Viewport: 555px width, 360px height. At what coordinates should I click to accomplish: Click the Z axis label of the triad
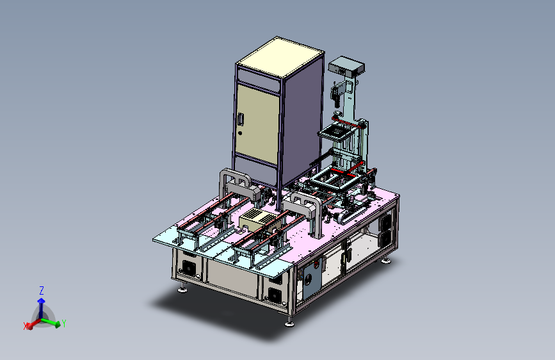(42, 291)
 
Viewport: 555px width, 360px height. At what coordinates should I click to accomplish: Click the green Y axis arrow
(51, 322)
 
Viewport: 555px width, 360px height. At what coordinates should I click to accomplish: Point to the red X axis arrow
(34, 324)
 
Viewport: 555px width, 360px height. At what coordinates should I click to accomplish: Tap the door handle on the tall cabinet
(241, 119)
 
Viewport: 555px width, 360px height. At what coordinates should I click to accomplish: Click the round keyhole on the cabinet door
(240, 133)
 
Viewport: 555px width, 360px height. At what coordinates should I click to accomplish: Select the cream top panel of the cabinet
(280, 58)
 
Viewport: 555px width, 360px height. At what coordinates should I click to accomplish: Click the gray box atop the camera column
(346, 66)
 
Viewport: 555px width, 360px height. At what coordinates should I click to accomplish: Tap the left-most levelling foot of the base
(182, 290)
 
